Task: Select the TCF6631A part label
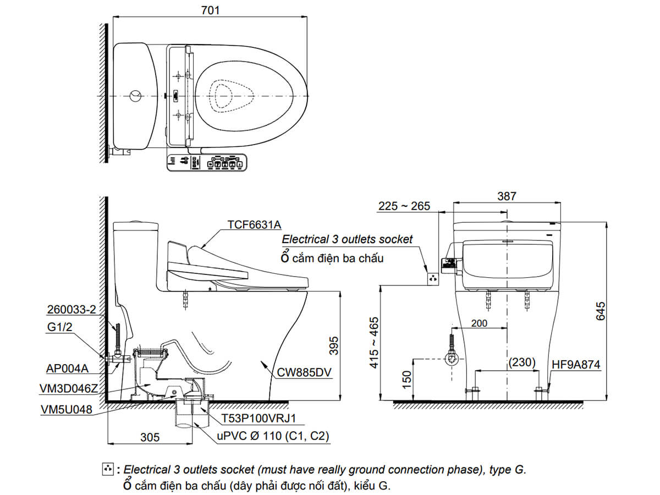(x=254, y=224)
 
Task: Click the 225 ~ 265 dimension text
(x=404, y=206)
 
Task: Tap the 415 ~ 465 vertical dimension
(x=375, y=342)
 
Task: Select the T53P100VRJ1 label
(x=259, y=419)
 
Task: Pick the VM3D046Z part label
(x=69, y=388)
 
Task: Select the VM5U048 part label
(x=66, y=410)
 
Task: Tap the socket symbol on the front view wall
(x=433, y=279)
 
